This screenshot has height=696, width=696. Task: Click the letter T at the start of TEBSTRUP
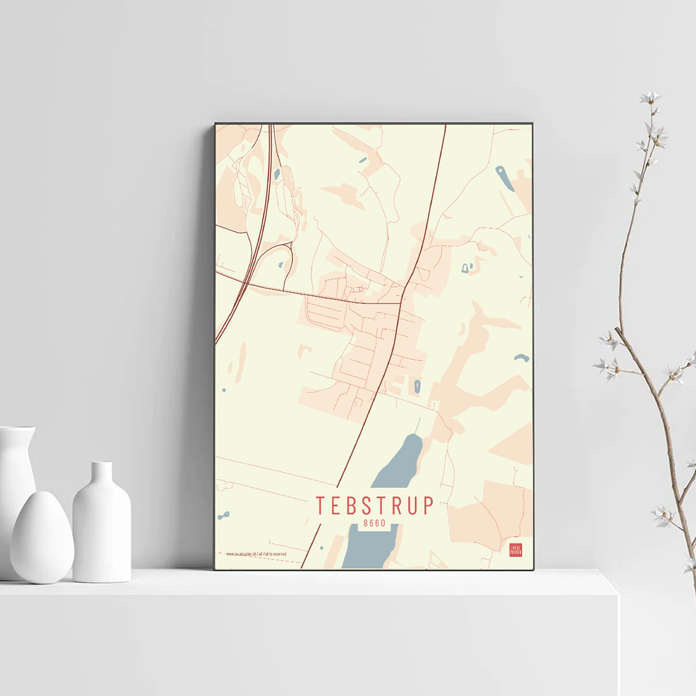pos(320,506)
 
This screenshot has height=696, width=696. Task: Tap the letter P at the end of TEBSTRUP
pos(427,506)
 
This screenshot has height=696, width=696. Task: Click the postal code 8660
pos(374,523)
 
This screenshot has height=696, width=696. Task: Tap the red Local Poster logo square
pos(516,550)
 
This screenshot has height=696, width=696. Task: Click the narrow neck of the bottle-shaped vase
pos(102,474)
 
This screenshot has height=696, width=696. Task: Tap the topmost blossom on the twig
pos(650,98)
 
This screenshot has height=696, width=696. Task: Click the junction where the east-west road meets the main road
pos(400,302)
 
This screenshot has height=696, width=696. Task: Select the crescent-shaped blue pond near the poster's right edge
pos(521,358)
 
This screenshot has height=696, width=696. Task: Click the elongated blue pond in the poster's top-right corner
pos(505,177)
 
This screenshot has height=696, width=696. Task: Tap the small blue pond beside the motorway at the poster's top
pos(277,173)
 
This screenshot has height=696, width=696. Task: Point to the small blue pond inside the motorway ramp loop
pos(280,264)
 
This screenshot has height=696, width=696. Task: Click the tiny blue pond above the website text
pos(223,516)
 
